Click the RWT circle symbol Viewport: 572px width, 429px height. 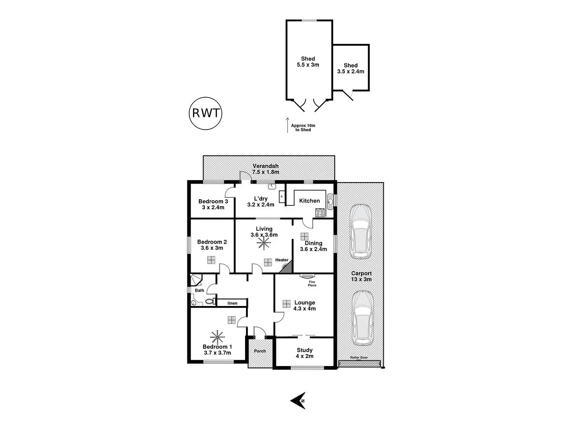point(205,113)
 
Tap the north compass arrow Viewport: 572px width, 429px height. point(298,400)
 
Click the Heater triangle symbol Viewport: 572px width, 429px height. point(285,268)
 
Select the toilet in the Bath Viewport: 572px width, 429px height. point(209,302)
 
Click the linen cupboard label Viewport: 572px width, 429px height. point(232,303)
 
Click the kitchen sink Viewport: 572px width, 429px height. point(330,201)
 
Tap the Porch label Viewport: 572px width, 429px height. point(260,351)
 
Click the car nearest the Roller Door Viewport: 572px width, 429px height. point(363,318)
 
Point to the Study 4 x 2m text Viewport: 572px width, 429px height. point(304,353)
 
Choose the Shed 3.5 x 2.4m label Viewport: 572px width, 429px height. point(350,69)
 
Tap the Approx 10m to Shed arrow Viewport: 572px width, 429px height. point(287,124)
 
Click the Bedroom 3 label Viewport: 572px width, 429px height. point(213,204)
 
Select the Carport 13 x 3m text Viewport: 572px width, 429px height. point(361,276)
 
